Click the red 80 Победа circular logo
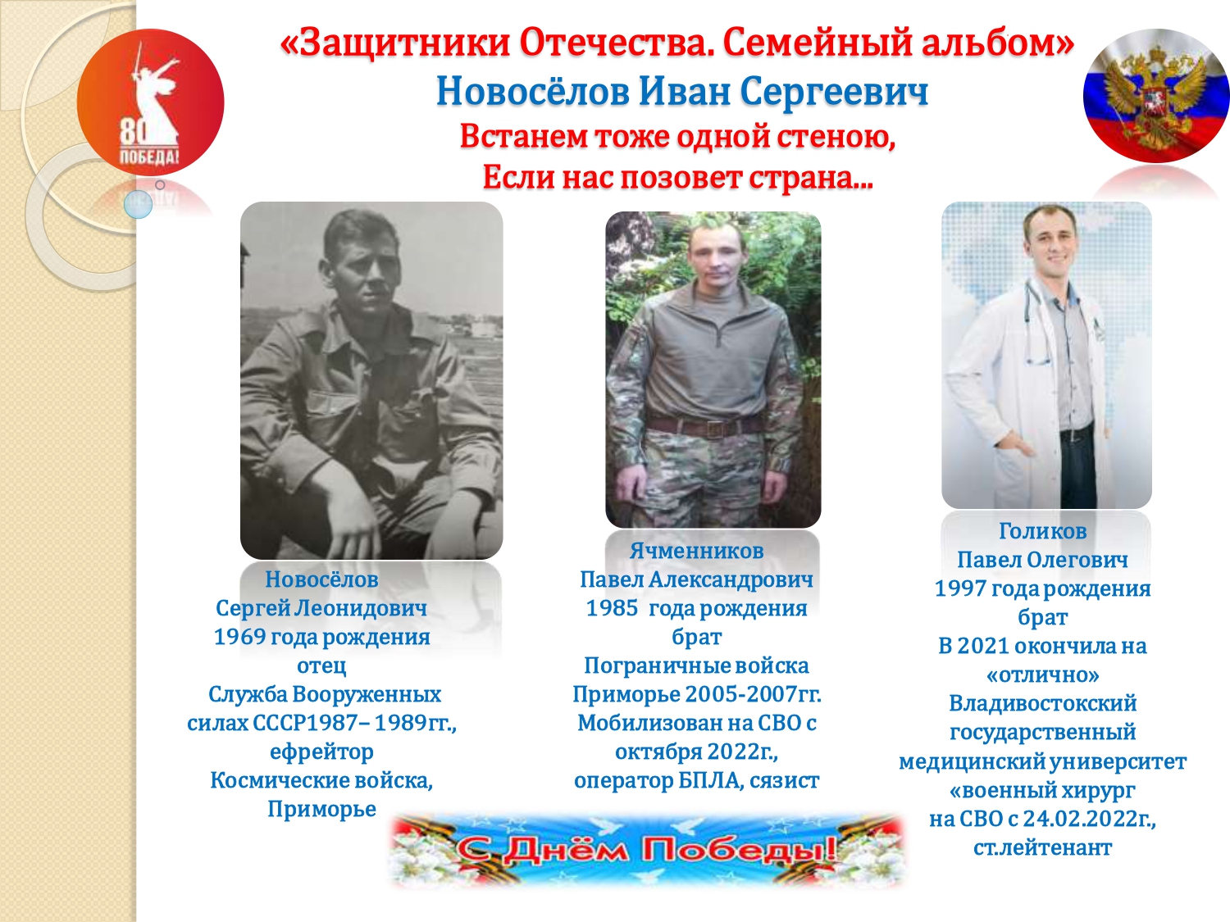150,102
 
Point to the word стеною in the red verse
830,136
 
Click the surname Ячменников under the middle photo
696,550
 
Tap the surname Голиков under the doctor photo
1042,531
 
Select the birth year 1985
612,607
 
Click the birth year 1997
960,588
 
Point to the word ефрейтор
321,752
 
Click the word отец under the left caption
321,665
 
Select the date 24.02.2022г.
1089,819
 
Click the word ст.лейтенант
1042,847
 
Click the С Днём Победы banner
647,850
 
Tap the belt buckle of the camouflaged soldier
714,429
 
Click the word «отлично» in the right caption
1042,674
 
